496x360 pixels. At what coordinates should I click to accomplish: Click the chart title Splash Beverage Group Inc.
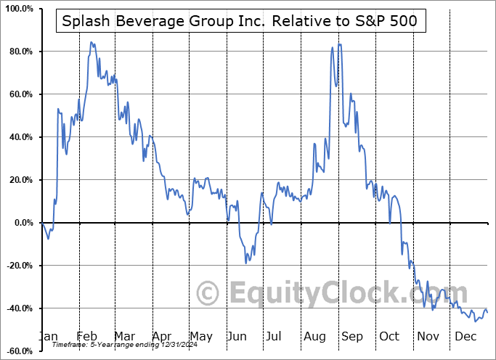tap(240, 22)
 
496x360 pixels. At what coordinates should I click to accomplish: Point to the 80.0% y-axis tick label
tap(20, 52)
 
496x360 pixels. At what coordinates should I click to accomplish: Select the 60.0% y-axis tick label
tap(20, 95)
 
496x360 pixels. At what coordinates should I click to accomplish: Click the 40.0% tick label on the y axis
tap(20, 138)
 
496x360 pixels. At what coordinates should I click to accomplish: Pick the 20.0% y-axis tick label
tap(20, 181)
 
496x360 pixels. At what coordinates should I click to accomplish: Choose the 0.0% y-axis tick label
tap(22, 224)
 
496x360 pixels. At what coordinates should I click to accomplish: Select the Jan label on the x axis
tap(49, 337)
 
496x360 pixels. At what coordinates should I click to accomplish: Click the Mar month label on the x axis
tap(125, 337)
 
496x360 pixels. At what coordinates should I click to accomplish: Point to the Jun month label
tap(237, 337)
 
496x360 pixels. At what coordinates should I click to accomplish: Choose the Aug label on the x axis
tap(315, 337)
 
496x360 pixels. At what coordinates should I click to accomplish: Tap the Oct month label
tap(391, 337)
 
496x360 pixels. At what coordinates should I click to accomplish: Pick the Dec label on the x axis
tap(466, 337)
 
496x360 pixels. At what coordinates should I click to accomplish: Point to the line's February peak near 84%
tap(91, 42)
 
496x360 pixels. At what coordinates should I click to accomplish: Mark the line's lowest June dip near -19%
tap(247, 263)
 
